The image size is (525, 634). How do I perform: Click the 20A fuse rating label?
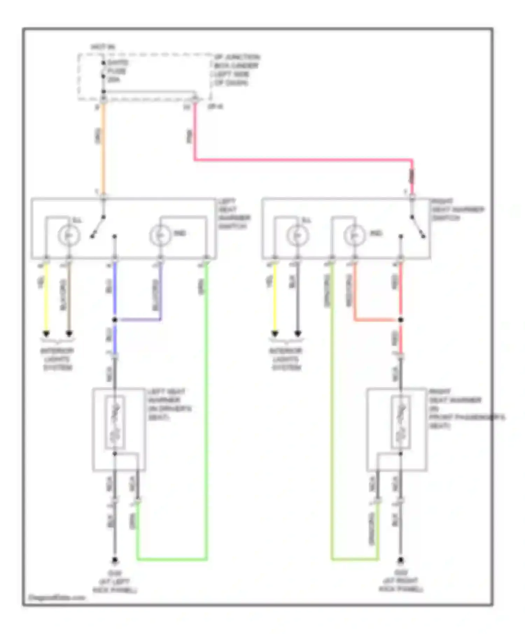113,80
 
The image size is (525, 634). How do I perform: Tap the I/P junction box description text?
236,70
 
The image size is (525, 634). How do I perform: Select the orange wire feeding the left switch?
103,147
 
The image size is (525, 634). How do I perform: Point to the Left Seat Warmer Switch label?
233,214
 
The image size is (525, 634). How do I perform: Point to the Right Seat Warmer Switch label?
457,209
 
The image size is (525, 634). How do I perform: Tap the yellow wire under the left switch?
46,297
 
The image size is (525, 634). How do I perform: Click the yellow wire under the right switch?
275,297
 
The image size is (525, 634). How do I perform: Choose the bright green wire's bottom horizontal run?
171,560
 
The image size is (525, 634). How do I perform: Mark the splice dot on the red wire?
401,320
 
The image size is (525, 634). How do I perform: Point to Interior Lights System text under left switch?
57,359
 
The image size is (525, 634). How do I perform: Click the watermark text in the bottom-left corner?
56,598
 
